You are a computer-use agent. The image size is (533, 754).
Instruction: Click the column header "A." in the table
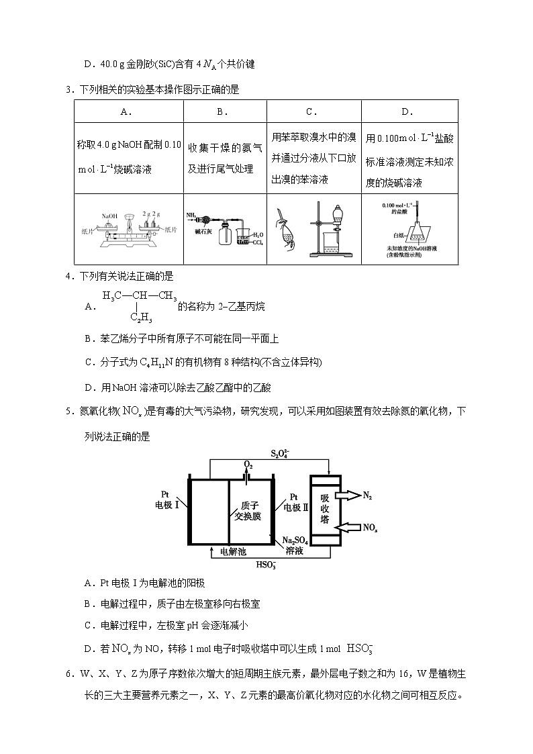(x=128, y=112)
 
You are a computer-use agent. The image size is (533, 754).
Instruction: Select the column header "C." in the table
(x=311, y=112)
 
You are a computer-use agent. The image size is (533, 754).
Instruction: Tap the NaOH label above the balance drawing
(x=109, y=216)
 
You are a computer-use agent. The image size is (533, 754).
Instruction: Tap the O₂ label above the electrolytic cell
(x=248, y=465)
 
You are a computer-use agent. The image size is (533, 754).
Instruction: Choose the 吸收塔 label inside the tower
(x=324, y=508)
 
